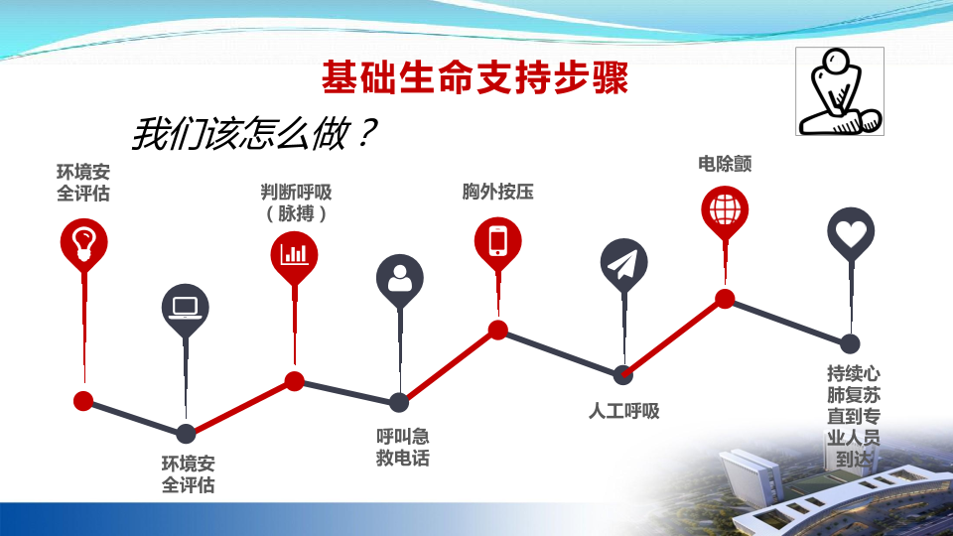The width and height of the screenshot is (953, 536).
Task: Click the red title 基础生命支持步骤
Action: pyautogui.click(x=475, y=77)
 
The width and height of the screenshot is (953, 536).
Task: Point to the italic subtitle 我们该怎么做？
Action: pyautogui.click(x=254, y=133)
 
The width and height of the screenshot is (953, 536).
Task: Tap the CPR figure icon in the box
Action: pyautogui.click(x=840, y=91)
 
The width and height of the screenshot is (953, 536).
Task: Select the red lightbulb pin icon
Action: pyautogui.click(x=83, y=244)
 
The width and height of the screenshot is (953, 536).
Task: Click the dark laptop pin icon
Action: pyautogui.click(x=186, y=310)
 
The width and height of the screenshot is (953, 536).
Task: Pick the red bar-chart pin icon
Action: pyautogui.click(x=294, y=256)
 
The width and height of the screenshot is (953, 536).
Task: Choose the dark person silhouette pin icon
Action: pyautogui.click(x=400, y=280)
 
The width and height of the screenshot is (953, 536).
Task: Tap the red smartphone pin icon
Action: pyautogui.click(x=497, y=242)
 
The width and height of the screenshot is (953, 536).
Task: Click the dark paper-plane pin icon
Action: pyautogui.click(x=623, y=265)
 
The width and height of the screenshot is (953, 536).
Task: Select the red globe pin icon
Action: pyautogui.click(x=725, y=211)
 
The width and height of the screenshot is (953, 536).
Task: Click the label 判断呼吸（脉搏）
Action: pyautogui.click(x=296, y=202)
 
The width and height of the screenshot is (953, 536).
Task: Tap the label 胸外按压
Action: pyautogui.click(x=497, y=192)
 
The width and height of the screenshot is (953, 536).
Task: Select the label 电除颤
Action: pyautogui.click(x=725, y=164)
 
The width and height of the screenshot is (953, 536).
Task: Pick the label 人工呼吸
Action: pyautogui.click(x=623, y=411)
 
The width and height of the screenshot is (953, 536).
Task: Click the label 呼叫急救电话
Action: pyautogui.click(x=402, y=447)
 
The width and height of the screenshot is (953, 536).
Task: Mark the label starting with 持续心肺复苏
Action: pyautogui.click(x=854, y=416)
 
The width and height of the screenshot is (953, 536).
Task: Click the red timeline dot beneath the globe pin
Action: pyautogui.click(x=725, y=299)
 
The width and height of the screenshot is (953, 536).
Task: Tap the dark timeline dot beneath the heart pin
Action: pyautogui.click(x=851, y=344)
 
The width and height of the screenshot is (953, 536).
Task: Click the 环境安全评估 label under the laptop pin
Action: pyautogui.click(x=189, y=474)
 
